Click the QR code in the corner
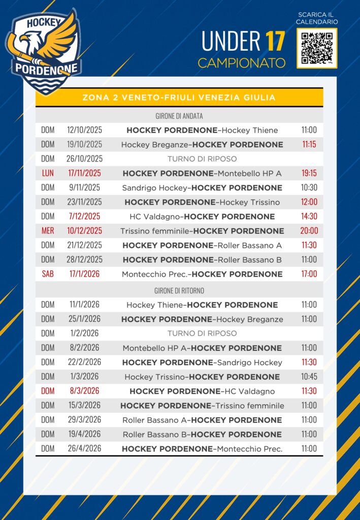[317, 48]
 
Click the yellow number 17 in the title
[275, 42]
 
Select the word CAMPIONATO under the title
[241, 63]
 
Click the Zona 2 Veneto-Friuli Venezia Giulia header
[179, 97]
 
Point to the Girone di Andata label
[179, 116]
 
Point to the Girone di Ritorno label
[179, 290]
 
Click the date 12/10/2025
[84, 130]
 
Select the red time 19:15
[309, 173]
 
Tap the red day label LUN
[48, 173]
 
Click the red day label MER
[48, 231]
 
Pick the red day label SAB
[48, 274]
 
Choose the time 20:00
[309, 231]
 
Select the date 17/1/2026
[84, 274]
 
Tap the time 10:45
[309, 377]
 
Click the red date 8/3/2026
[84, 391]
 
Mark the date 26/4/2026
[84, 448]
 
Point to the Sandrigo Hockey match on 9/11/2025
[202, 187]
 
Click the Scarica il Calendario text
[317, 18]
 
